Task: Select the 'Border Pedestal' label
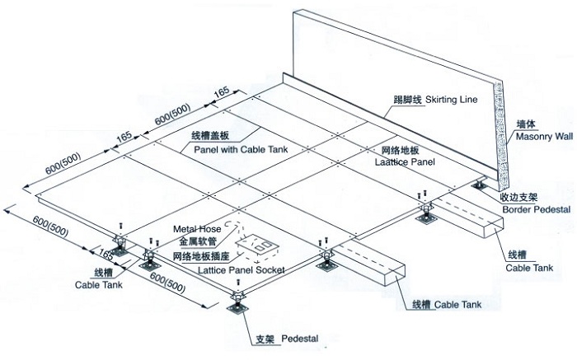pyautogui.click(x=531, y=209)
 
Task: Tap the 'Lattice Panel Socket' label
pyautogui.click(x=228, y=269)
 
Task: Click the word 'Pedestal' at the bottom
pyautogui.click(x=300, y=339)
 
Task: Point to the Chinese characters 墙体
pyautogui.click(x=526, y=124)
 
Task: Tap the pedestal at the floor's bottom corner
pyautogui.click(x=236, y=302)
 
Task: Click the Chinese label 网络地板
pyautogui.click(x=381, y=152)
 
